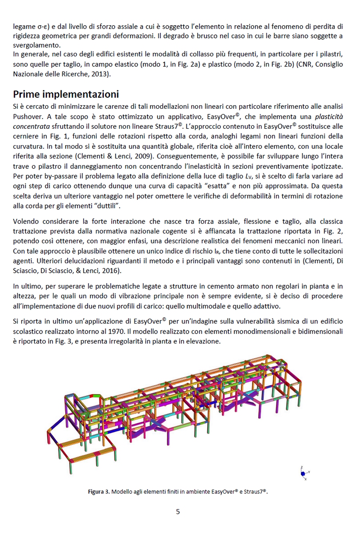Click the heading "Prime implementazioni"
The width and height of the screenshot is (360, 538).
tap(66, 94)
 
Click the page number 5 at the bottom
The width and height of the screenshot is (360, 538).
tap(178, 512)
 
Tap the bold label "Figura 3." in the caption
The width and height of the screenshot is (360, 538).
tap(98, 492)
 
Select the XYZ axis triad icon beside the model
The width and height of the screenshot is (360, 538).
tap(304, 473)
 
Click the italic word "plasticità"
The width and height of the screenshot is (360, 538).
tap(329, 117)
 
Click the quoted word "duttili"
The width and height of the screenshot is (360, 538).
tap(108, 206)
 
